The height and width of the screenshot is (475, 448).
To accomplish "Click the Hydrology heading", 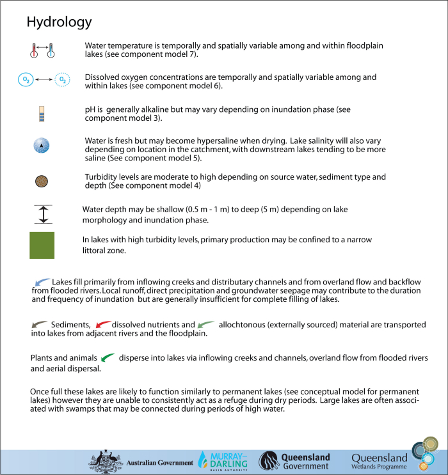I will (59, 22).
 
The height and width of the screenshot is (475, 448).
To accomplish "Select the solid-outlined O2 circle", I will (26, 80).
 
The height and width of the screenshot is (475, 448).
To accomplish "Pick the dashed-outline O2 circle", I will (62, 80).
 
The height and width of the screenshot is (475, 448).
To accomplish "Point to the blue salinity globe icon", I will (42, 146).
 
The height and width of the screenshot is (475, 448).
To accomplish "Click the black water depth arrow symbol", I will (42, 214).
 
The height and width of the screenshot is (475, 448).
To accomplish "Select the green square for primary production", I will (42, 245).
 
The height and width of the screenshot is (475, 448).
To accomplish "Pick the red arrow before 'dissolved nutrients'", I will (103, 325).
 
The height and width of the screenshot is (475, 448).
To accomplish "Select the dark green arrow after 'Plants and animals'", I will (108, 357).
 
